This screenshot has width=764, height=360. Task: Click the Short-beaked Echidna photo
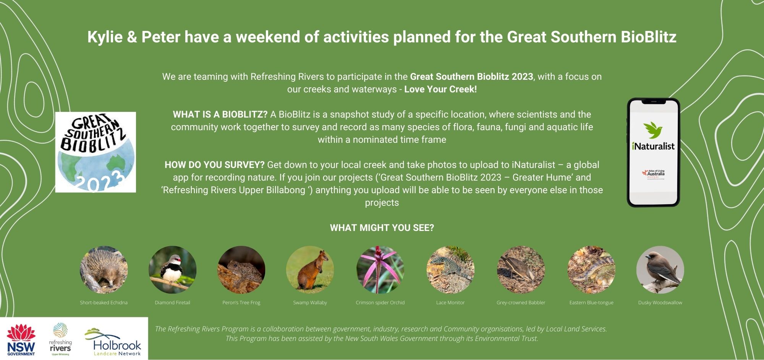point(104,270)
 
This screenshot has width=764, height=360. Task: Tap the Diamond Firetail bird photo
point(172,270)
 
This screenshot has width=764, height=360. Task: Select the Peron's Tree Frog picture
point(241,270)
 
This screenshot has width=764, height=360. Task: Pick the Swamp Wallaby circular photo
point(310,270)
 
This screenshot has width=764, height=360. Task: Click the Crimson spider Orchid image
point(380,270)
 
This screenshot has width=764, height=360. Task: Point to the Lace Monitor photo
point(450,270)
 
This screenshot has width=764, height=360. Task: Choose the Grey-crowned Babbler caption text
point(521,303)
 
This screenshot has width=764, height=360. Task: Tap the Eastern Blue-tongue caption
point(591,303)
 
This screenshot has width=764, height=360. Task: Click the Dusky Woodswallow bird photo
point(660,270)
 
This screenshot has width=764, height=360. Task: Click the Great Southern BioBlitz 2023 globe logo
point(95,152)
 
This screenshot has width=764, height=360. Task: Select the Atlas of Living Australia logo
point(653,174)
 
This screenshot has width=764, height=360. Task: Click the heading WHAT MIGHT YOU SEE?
point(382,228)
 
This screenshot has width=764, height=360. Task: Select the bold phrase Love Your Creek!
point(440,89)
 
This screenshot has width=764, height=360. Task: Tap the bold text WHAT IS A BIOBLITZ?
point(220,115)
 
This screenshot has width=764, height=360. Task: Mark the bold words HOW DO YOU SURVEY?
point(214,165)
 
